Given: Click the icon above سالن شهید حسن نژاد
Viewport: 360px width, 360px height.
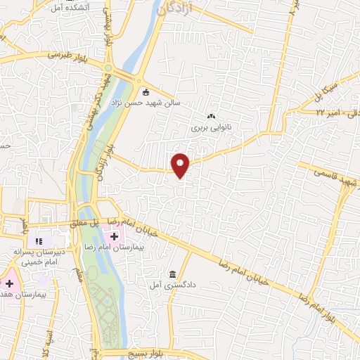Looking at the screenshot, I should [146, 92].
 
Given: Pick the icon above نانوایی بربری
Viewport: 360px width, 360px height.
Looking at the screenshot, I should [210, 117].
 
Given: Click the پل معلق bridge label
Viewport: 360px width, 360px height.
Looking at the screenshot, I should [85, 222].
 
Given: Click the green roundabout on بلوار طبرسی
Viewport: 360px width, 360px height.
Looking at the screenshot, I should [109, 68].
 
